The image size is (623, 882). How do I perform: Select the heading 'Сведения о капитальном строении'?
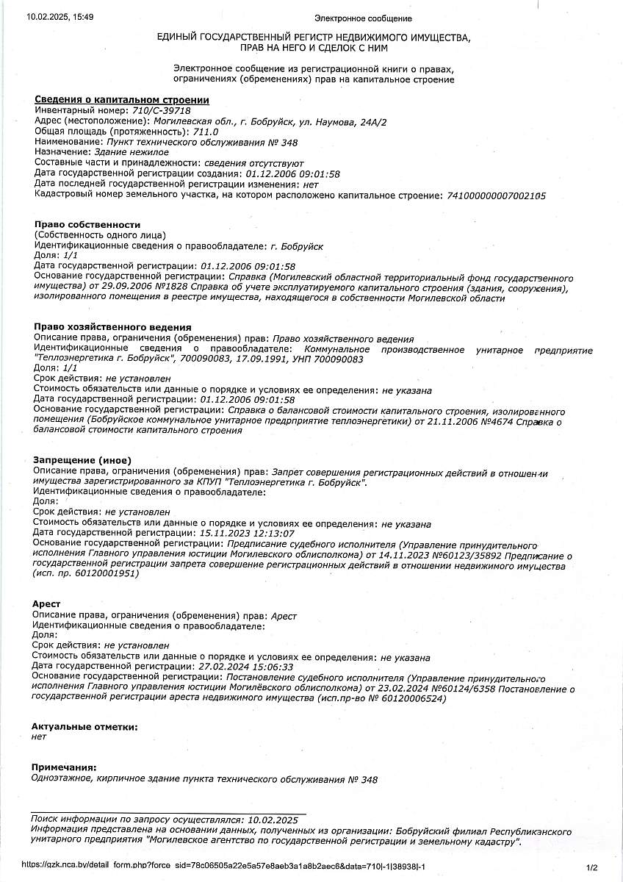(122, 100)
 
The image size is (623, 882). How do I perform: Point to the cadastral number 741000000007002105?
(495, 196)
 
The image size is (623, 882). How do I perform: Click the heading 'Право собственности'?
(87, 224)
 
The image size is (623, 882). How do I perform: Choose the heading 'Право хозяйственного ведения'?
(113, 327)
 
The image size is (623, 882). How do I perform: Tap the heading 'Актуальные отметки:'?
(84, 726)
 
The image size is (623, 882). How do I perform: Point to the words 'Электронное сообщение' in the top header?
(363, 18)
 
